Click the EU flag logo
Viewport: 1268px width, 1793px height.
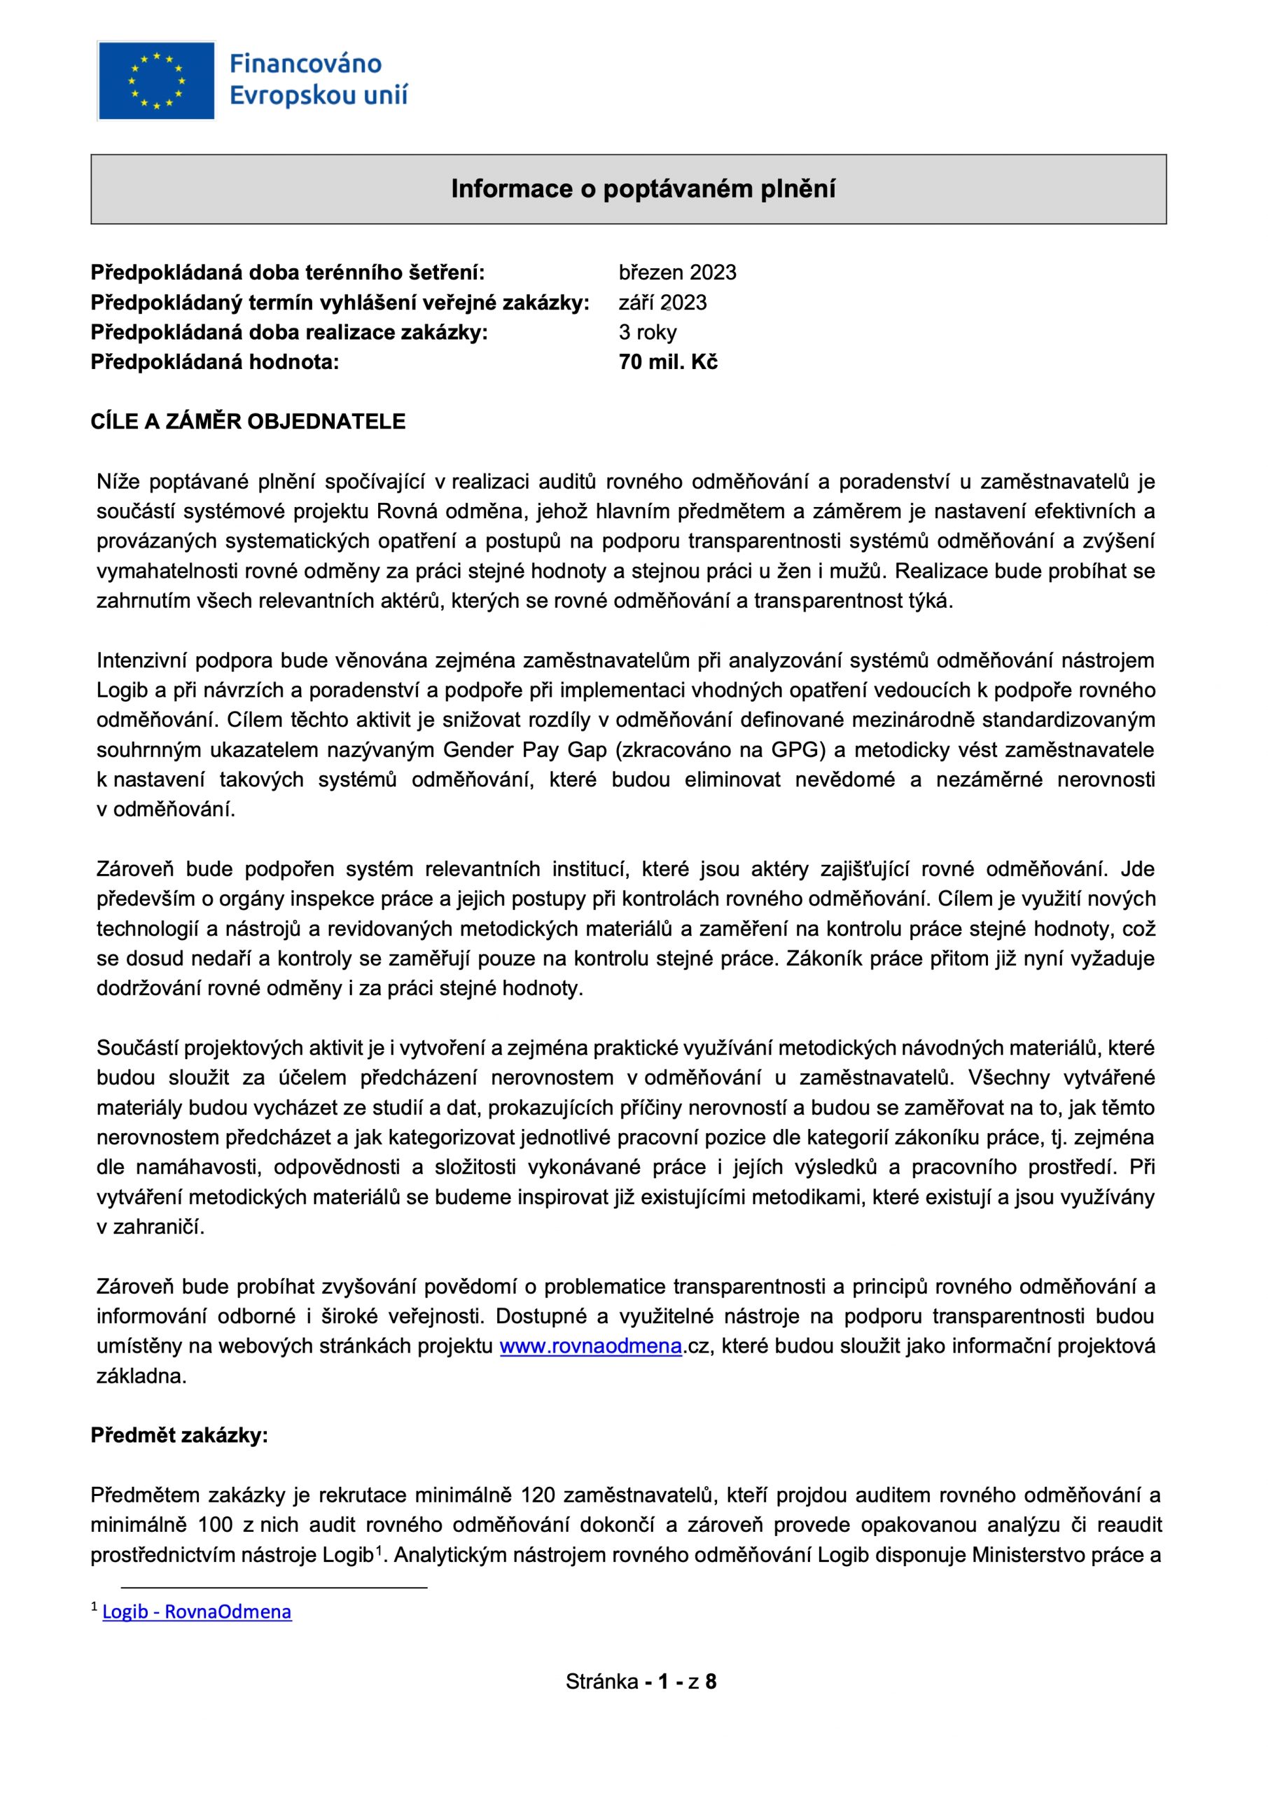click(156, 81)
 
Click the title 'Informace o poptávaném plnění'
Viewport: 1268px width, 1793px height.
click(643, 189)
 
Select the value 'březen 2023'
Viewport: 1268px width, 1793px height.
click(677, 272)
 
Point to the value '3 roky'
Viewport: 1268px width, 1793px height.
click(647, 332)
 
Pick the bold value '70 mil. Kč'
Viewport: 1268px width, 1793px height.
click(667, 361)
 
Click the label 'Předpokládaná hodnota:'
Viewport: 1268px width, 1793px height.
click(215, 361)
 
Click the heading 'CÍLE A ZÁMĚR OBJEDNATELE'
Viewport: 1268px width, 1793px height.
click(248, 422)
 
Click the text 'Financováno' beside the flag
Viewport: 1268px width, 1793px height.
click(305, 64)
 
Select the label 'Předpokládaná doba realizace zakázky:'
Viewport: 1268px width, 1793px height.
click(289, 332)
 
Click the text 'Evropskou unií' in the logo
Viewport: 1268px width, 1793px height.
click(318, 95)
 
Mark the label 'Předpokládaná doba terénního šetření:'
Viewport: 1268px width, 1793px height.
click(287, 272)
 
